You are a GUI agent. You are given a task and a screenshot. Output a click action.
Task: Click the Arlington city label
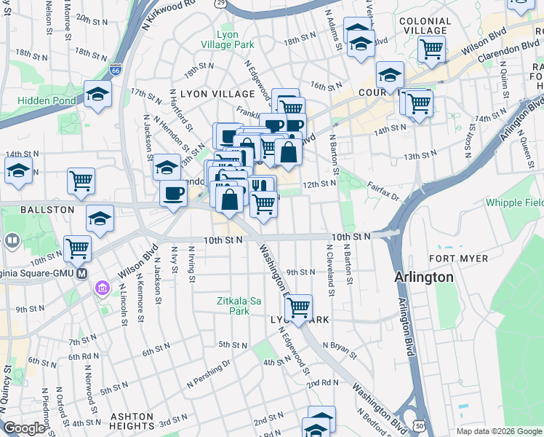[424, 277]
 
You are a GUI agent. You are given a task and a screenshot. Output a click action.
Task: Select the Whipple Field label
[514, 202]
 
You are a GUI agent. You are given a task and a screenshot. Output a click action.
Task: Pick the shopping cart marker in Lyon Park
[298, 307]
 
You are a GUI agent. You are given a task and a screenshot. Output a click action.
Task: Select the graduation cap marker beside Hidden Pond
[97, 94]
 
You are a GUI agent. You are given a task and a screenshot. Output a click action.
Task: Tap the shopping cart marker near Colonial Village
[432, 49]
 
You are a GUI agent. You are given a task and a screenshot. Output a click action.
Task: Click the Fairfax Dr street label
[383, 192]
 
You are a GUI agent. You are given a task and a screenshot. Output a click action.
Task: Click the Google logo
[24, 428]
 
